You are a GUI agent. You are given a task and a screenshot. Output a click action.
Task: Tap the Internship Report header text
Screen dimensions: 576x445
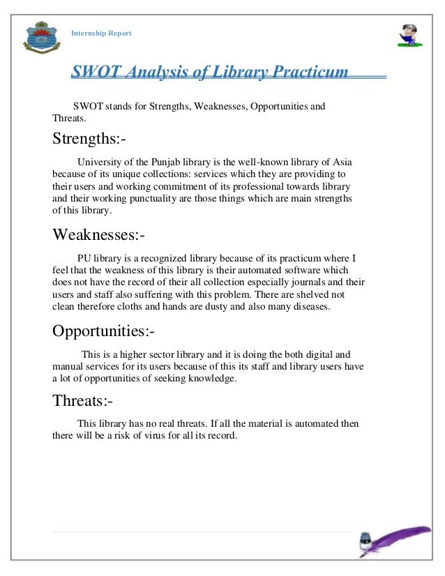101,33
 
